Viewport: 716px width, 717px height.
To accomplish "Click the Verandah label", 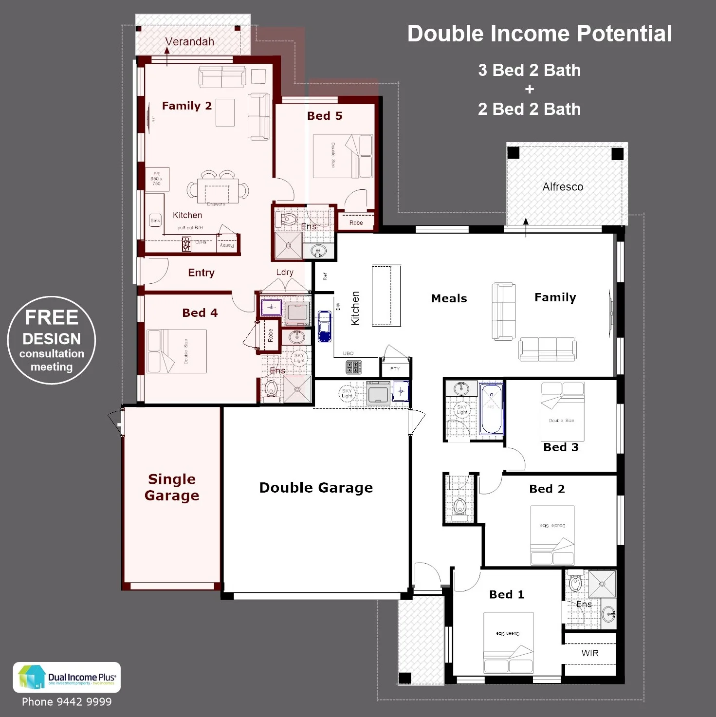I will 189,42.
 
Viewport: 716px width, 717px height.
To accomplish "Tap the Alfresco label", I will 563,187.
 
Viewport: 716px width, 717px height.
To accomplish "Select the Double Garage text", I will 316,488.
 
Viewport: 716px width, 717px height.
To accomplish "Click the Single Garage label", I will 172,487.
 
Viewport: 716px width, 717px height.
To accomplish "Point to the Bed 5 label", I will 325,116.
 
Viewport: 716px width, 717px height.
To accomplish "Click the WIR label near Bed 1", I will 590,653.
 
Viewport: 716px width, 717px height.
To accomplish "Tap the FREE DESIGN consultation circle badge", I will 52,340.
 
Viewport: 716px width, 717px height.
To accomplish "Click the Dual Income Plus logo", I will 67,677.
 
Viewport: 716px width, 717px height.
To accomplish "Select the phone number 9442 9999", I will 67,702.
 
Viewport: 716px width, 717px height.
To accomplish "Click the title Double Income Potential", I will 539,34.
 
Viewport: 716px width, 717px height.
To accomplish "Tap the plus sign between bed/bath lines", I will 530,90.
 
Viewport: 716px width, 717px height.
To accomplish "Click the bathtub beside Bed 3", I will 492,409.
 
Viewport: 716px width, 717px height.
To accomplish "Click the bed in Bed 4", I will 177,351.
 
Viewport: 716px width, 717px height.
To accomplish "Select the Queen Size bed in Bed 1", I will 508,643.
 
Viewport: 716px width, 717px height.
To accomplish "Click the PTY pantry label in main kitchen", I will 395,368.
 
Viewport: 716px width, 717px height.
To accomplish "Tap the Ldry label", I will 285,272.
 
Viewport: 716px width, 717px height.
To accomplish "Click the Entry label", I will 201,273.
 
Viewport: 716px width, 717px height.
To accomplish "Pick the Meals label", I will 449,298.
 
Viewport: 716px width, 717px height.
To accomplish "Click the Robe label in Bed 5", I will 356,223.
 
